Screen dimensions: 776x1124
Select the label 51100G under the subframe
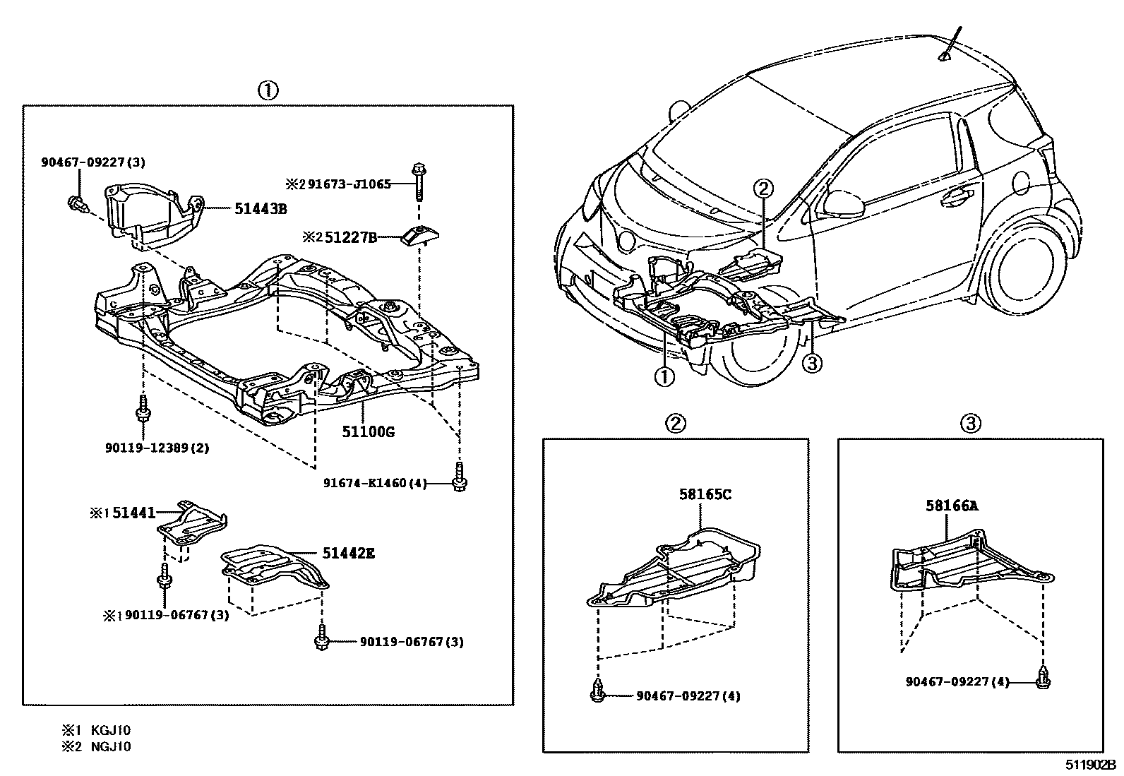point(368,431)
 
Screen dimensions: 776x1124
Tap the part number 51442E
point(348,554)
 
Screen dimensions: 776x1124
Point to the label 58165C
point(705,494)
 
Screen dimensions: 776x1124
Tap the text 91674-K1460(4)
point(376,483)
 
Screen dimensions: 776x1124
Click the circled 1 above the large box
point(267,90)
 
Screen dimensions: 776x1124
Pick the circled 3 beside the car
point(812,363)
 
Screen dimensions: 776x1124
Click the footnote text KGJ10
point(111,731)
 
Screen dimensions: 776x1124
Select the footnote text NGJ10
point(111,746)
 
